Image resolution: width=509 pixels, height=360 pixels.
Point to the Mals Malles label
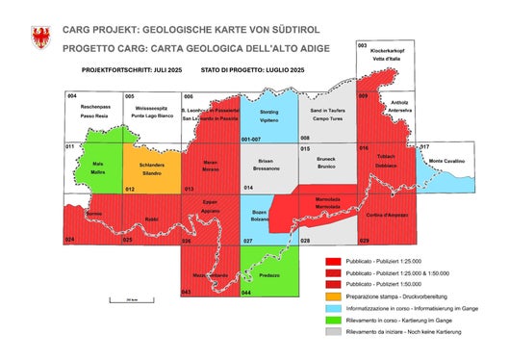(96, 167)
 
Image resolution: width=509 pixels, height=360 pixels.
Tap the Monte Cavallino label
(446, 160)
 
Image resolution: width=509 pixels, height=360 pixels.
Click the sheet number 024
(69, 239)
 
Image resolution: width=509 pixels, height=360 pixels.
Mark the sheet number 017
(424, 146)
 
